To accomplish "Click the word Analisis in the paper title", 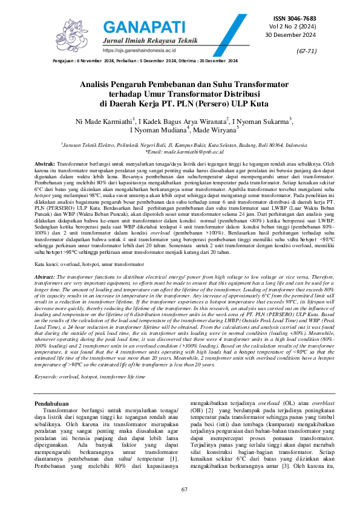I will tap(99, 86).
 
